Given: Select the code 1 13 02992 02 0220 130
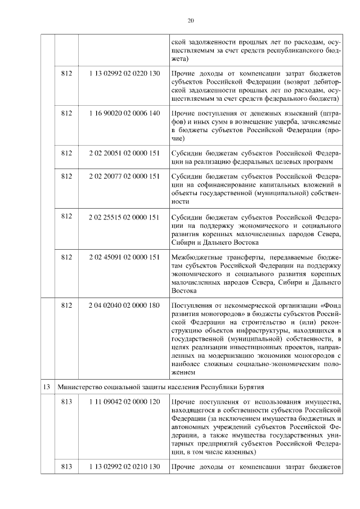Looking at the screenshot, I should [x=124, y=74].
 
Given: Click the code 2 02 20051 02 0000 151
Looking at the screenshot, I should [x=124, y=152].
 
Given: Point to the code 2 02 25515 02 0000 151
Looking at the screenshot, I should [x=124, y=217].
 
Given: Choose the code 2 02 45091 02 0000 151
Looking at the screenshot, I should [x=124, y=257].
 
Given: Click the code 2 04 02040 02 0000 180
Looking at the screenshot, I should [x=124, y=305].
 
